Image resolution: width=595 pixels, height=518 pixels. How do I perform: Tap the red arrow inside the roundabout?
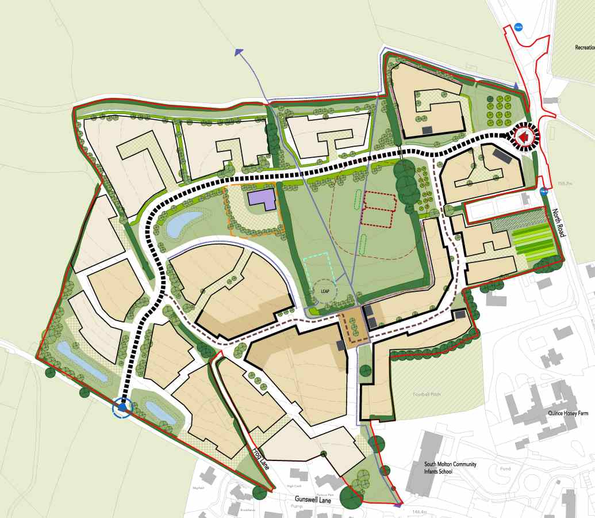click(x=524, y=137)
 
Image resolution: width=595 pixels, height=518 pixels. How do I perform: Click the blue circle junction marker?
click(x=122, y=408)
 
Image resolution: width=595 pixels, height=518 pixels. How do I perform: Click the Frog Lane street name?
click(x=261, y=458)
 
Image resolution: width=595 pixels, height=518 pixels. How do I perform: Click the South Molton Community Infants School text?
click(x=446, y=467)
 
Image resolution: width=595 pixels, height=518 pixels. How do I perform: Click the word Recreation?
click(x=584, y=48)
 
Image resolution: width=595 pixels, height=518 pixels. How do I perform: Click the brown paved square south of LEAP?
click(x=353, y=326)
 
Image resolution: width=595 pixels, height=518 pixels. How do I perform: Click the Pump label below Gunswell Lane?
click(x=297, y=506)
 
